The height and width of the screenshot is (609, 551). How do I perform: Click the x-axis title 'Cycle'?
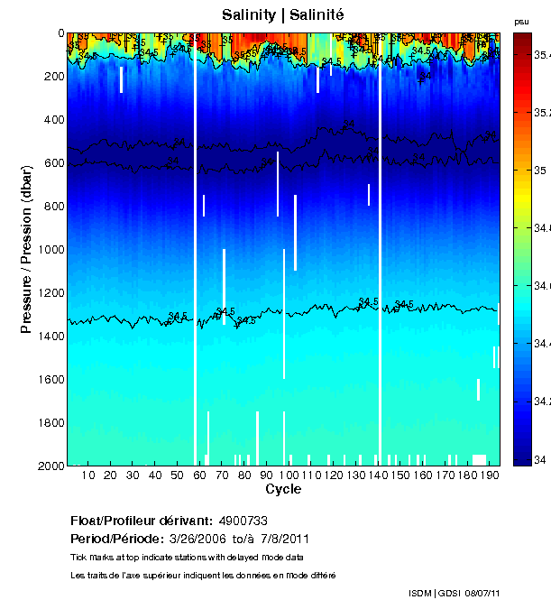click(283, 489)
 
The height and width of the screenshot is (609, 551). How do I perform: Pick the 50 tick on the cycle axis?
click(177, 466)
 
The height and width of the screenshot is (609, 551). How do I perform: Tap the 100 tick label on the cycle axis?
click(289, 475)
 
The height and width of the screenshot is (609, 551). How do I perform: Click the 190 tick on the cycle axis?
click(489, 466)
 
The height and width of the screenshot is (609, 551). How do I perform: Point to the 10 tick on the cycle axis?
click(88, 466)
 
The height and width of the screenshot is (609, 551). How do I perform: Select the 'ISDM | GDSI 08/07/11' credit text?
click(454, 592)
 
